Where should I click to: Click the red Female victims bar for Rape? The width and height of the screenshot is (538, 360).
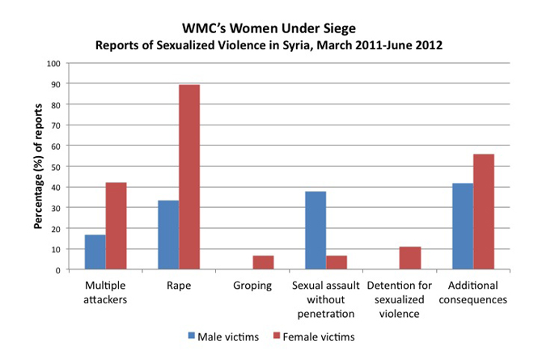click(x=189, y=176)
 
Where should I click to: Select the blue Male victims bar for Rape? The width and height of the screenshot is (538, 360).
click(x=168, y=235)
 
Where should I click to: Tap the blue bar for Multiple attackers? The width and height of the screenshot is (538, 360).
click(x=95, y=252)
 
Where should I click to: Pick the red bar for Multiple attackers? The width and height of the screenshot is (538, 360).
click(x=116, y=226)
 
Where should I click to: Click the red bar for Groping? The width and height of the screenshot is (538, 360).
click(x=263, y=263)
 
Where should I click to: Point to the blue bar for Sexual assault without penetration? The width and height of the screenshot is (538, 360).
click(x=316, y=231)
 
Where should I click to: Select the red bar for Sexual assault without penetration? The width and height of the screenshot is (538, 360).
click(x=337, y=263)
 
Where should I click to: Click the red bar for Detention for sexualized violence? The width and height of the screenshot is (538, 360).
click(x=410, y=258)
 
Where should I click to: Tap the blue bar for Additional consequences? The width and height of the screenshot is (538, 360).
click(x=463, y=227)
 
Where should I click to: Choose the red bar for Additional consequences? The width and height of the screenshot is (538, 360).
click(x=484, y=212)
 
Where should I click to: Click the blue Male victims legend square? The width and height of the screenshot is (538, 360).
click(x=192, y=336)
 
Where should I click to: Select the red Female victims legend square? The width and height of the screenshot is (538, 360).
click(x=277, y=336)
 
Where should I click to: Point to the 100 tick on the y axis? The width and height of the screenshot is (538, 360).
click(x=53, y=63)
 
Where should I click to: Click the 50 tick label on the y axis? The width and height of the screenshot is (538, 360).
click(x=56, y=167)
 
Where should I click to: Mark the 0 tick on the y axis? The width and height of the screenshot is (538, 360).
click(x=57, y=270)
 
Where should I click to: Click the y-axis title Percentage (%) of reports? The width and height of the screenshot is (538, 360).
click(x=38, y=166)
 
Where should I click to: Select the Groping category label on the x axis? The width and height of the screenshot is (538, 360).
click(x=252, y=286)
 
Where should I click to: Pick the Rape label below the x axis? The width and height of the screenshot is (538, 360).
click(x=179, y=286)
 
